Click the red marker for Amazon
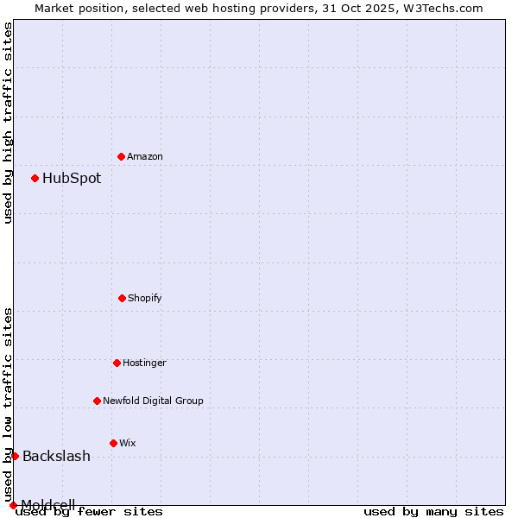pyautogui.click(x=121, y=156)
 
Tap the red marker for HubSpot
pyautogui.click(x=35, y=178)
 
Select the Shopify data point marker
pyautogui.click(x=122, y=298)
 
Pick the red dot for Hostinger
pyautogui.click(x=117, y=363)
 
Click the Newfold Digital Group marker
pyautogui.click(x=97, y=401)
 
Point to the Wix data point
pyautogui.click(x=113, y=443)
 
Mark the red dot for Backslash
pyautogui.click(x=15, y=456)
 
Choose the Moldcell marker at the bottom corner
pyautogui.click(x=13, y=505)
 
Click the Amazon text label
pyautogui.click(x=145, y=156)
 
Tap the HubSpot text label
pyautogui.click(x=72, y=179)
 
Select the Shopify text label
pyautogui.click(x=145, y=298)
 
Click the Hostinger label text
pyautogui.click(x=144, y=363)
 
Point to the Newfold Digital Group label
pyautogui.click(x=153, y=401)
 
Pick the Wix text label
pyautogui.click(x=128, y=443)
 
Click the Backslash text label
pyautogui.click(x=56, y=457)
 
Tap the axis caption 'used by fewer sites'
pyautogui.click(x=90, y=511)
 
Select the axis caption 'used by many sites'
pyautogui.click(x=433, y=511)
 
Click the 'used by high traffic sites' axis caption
pyautogui.click(x=9, y=123)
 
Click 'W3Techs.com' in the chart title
pyautogui.click(x=439, y=8)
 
